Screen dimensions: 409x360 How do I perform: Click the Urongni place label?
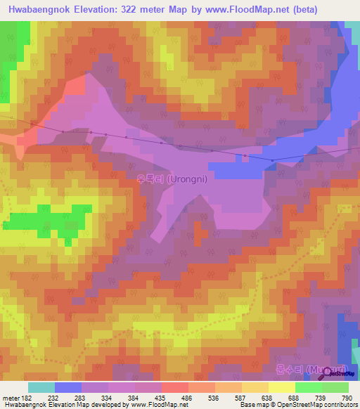pyautogui.click(x=172, y=178)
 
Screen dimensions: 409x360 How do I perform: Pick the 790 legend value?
pyautogui.click(x=347, y=397)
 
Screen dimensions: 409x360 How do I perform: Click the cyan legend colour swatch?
pyautogui.click(x=41, y=387)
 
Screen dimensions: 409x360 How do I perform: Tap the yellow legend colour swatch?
pyautogui.click(x=282, y=387)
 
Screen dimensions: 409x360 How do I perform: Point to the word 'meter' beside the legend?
pyautogui.click(x=11, y=397)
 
